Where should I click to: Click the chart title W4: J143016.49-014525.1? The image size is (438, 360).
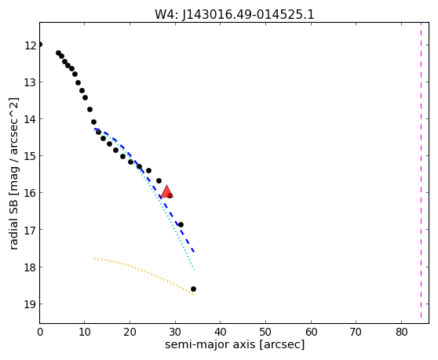coord(235,15)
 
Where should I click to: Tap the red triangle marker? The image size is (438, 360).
coord(166,191)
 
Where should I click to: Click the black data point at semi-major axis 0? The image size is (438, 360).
coord(40,45)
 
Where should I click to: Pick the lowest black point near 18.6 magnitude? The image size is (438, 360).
coord(193,289)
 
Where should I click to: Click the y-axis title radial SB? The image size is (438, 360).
coord(13,173)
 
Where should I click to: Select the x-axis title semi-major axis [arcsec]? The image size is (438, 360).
coord(235,344)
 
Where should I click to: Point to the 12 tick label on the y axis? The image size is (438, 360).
coord(30,45)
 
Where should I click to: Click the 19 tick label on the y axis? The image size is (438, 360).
coord(30,304)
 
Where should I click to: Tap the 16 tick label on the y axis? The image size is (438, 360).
coord(30,193)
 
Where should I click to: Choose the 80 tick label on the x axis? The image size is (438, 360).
coord(401,332)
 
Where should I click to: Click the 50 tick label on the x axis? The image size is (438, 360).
coord(265,332)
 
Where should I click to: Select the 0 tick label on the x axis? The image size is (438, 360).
coord(40,332)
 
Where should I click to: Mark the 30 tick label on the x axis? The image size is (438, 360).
coord(175,332)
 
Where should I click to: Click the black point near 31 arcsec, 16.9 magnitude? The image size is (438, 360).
coord(181,224)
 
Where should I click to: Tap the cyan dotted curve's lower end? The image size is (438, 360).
coord(194,270)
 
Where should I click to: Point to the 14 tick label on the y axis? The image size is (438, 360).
coord(30,119)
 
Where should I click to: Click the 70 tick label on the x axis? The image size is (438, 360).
coord(356,332)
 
